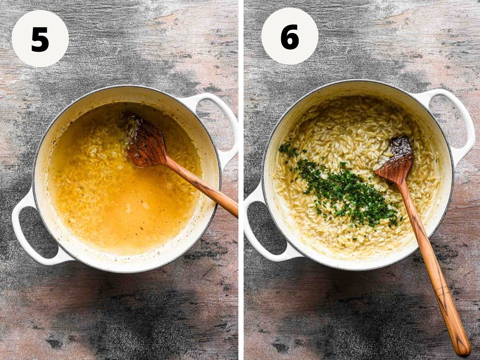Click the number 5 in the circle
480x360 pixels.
(x=40, y=39)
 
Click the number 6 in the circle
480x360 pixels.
(x=290, y=37)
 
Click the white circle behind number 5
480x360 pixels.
(x=40, y=39)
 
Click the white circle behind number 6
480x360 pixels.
(x=290, y=36)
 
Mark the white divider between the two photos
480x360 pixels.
(x=241, y=180)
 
